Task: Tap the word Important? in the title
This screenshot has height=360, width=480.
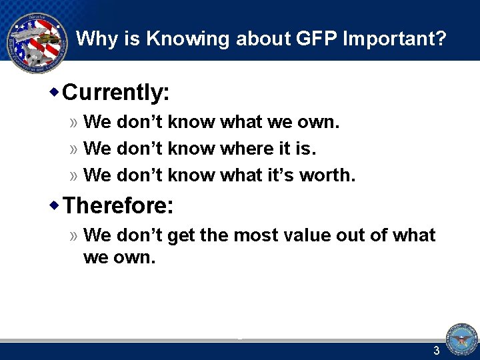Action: click(394, 39)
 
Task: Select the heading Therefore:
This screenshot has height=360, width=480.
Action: click(119, 205)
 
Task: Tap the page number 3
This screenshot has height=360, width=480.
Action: click(437, 351)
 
